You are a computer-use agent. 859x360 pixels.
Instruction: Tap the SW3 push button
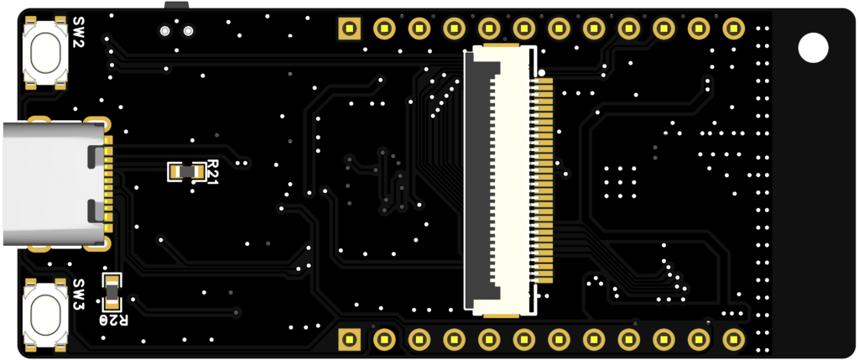pyautogui.click(x=46, y=312)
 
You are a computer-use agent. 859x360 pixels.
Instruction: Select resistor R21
pyautogui.click(x=186, y=171)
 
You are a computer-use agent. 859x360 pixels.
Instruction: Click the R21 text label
pyautogui.click(x=212, y=171)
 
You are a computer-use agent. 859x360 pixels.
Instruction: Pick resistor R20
pyautogui.click(x=111, y=291)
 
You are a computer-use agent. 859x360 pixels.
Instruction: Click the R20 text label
pyautogui.click(x=114, y=320)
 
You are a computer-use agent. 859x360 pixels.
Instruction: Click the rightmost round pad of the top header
pyautogui.click(x=733, y=28)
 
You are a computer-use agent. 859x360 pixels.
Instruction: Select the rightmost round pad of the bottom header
pyautogui.click(x=733, y=339)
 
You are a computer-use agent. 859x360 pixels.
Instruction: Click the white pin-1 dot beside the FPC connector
pyautogui.click(x=542, y=73)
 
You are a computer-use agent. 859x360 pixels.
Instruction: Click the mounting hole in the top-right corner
pyautogui.click(x=813, y=47)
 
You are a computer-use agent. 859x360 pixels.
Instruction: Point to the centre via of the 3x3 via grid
pyautogui.click(x=619, y=182)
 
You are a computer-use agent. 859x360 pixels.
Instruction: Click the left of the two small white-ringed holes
pyautogui.click(x=165, y=31)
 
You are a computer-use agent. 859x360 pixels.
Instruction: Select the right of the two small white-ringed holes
pyautogui.click(x=188, y=31)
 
